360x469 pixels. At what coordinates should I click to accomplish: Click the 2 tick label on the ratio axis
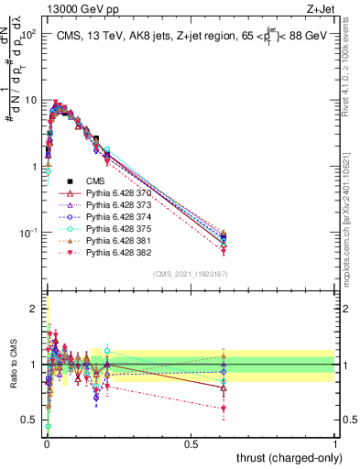(x=33, y=309)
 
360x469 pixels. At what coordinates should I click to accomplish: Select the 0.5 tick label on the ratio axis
(x=29, y=420)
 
